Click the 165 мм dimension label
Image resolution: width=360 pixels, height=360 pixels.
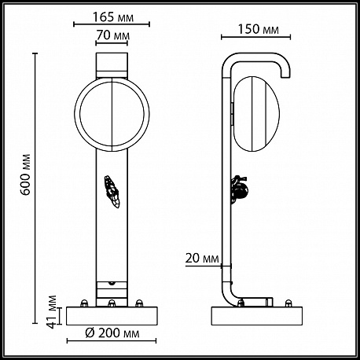click(113, 17)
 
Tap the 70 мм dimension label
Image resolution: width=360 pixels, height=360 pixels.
click(113, 35)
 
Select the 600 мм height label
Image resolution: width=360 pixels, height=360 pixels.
click(26, 174)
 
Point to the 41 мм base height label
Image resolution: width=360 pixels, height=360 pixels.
click(52, 312)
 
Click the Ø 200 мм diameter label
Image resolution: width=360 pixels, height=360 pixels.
click(112, 333)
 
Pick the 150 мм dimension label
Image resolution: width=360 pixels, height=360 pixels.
click(258, 29)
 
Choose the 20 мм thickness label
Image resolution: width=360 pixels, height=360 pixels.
click(202, 259)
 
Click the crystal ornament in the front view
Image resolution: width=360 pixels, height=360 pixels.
click(112, 192)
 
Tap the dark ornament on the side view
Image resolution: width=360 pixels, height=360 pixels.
click(240, 189)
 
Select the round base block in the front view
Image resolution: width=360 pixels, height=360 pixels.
click(112, 316)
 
